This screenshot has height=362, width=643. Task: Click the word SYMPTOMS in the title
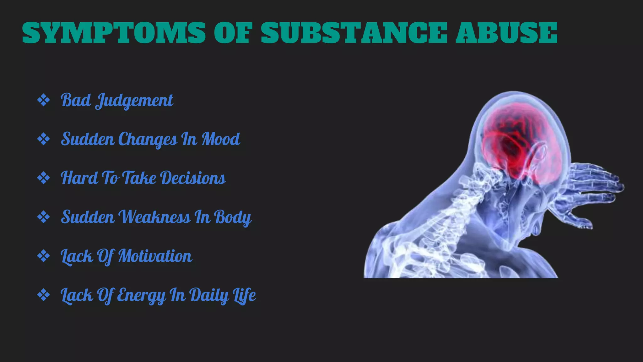pyautogui.click(x=114, y=33)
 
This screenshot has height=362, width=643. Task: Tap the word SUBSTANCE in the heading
pyautogui.click(x=354, y=33)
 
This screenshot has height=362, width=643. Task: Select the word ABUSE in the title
pyautogui.click(x=506, y=33)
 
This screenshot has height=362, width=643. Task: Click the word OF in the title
pyautogui.click(x=233, y=33)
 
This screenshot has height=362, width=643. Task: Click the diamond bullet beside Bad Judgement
pyautogui.click(x=43, y=101)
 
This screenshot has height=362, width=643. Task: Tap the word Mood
pyautogui.click(x=221, y=139)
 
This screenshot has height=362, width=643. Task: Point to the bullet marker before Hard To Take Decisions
pyautogui.click(x=43, y=178)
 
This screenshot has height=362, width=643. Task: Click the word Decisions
pyautogui.click(x=193, y=178)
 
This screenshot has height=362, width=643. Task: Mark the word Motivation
pyautogui.click(x=155, y=256)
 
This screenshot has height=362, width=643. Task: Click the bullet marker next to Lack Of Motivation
pyautogui.click(x=43, y=256)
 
